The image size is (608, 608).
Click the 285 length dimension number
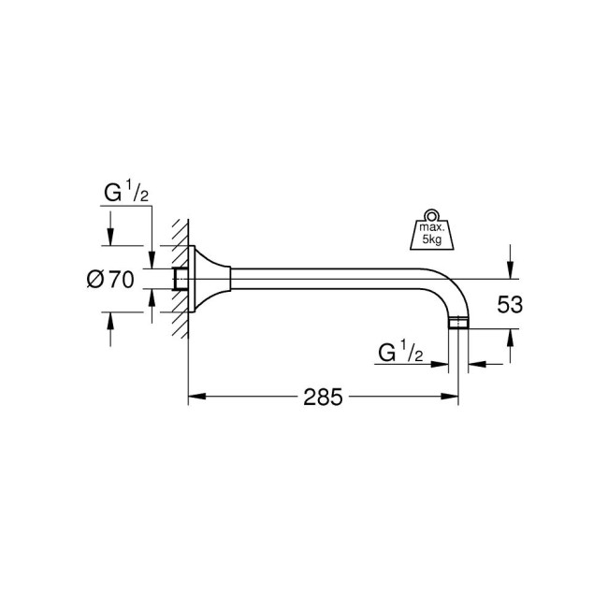click(x=323, y=397)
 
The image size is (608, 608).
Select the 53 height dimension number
click(x=511, y=304)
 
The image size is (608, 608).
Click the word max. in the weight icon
click(x=431, y=227)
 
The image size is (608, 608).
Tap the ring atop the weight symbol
click(x=431, y=212)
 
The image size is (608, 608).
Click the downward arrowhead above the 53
click(x=510, y=272)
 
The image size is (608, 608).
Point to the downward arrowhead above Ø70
click(x=111, y=239)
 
